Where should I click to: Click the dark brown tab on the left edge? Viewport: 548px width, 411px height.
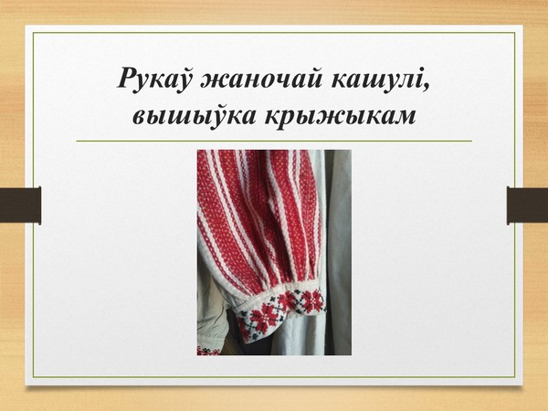tap(21, 205)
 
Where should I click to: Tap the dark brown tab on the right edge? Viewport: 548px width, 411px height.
tap(527, 205)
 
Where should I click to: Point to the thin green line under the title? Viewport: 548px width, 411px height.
tap(274, 142)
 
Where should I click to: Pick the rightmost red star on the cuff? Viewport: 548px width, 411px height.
tap(313, 300)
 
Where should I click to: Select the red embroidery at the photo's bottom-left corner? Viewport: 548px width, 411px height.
tap(208, 351)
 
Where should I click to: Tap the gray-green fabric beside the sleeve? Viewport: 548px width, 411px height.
tap(338, 252)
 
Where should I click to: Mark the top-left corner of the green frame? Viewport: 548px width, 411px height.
tap(34, 33)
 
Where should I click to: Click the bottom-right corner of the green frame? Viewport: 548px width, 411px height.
tap(515, 377)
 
